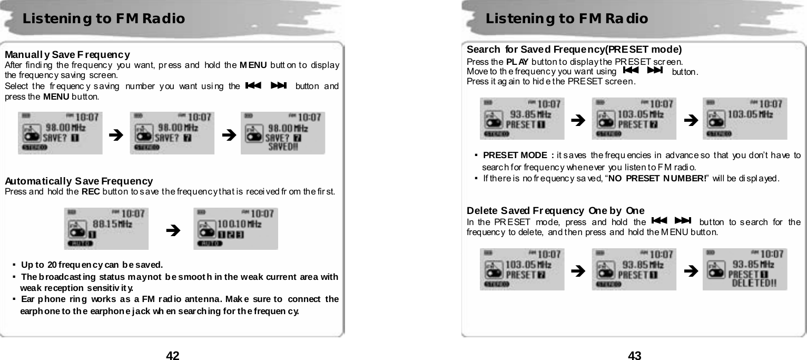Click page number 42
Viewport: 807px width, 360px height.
click(173, 355)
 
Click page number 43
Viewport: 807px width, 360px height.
click(635, 355)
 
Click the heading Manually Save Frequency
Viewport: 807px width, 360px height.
click(68, 55)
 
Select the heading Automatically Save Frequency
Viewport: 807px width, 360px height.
click(79, 181)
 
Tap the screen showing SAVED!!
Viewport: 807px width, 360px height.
click(283, 133)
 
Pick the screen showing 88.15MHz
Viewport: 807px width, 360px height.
click(106, 228)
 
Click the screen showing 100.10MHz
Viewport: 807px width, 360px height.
click(235, 228)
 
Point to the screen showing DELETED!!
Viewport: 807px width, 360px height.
click(745, 269)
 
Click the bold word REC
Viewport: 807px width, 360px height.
click(89, 191)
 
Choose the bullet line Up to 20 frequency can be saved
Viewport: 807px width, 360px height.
click(92, 264)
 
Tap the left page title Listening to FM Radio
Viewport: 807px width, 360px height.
click(104, 19)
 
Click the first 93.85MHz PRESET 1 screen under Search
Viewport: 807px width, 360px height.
click(521, 119)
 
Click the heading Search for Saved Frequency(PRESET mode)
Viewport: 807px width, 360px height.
click(574, 50)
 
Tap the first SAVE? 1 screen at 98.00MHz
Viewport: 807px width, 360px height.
click(60, 133)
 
